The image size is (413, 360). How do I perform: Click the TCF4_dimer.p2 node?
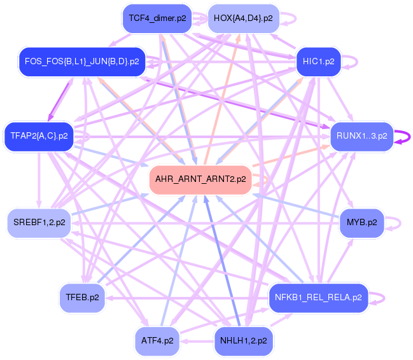pos(157,18)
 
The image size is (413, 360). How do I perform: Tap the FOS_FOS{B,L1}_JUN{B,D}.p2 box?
pos(82,62)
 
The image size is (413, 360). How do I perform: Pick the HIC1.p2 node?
pos(318,62)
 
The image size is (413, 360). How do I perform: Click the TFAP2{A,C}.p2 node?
pos(39,135)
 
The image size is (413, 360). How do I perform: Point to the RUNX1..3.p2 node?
pos(361,136)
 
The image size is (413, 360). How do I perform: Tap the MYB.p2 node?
pos(361,223)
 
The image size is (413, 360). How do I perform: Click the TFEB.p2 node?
pos(83,297)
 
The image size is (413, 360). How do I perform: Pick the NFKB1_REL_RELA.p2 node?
pos(318,297)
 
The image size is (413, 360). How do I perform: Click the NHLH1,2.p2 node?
pos(244,341)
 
